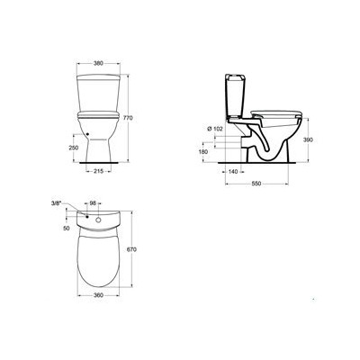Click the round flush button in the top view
click(x=94, y=217)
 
